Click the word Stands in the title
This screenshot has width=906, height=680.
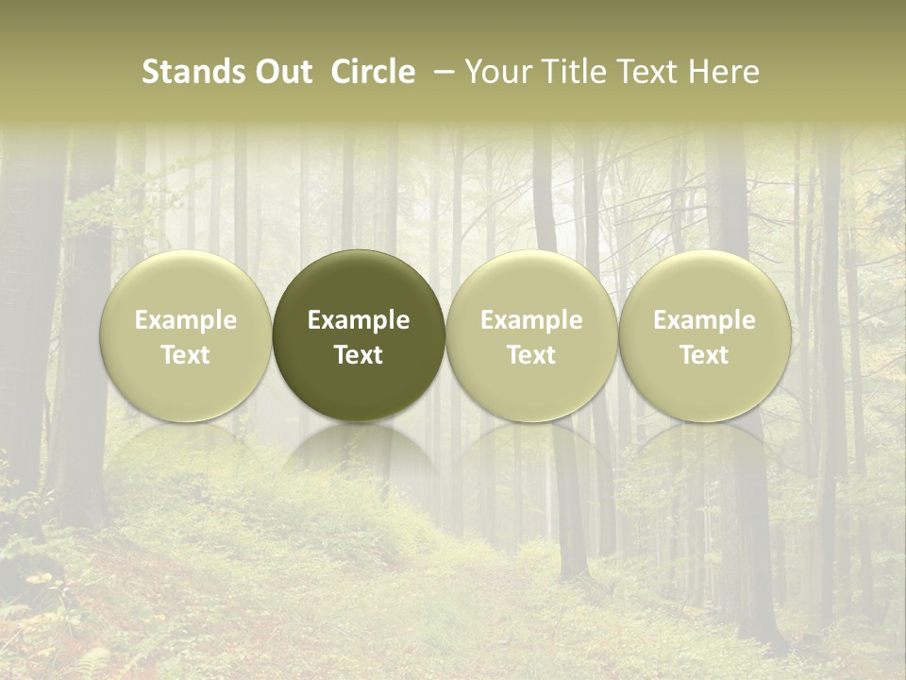coord(193,72)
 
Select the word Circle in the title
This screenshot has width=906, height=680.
coord(373,72)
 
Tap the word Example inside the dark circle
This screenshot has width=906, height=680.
coord(359,320)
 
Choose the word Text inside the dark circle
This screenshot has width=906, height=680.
coord(359,355)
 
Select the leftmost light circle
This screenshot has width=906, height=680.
coord(185,387)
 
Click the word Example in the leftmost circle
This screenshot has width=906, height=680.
coord(185,320)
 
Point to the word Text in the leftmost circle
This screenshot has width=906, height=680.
coord(185,355)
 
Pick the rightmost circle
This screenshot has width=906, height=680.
coord(704,387)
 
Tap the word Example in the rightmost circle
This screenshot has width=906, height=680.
coord(704,320)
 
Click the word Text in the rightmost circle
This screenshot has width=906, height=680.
coord(704,355)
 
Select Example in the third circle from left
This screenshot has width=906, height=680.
coord(531,320)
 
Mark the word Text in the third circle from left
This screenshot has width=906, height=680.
coord(531,355)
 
